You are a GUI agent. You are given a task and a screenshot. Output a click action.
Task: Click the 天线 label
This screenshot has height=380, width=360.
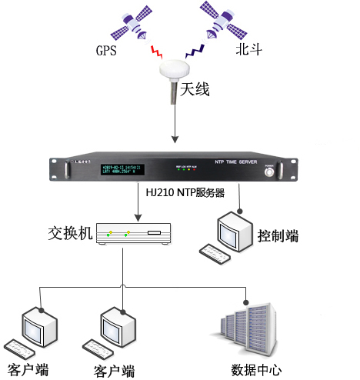click(195, 90)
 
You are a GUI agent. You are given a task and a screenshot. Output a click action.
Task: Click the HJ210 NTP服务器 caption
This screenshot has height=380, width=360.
click(185, 193)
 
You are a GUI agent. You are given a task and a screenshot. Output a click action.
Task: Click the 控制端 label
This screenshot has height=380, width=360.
click(278, 235)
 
